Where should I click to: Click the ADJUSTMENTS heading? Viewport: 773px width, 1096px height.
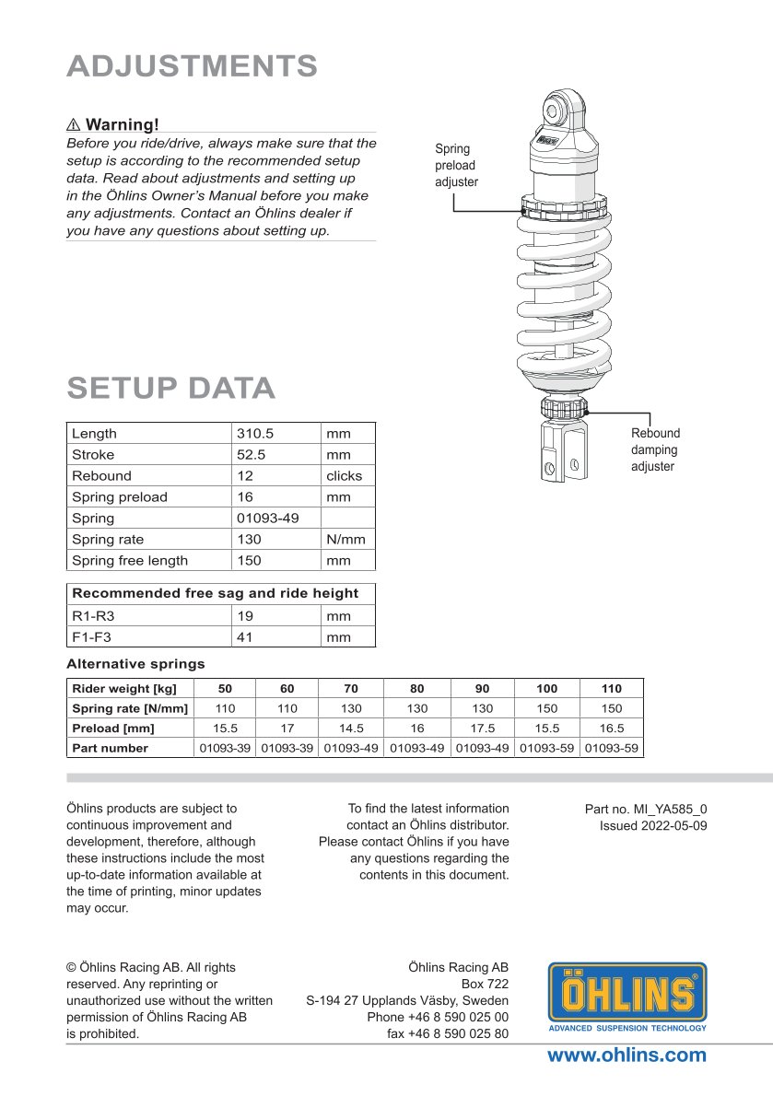192,66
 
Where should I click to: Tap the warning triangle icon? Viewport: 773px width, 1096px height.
74,124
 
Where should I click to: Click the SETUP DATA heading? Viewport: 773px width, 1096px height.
170,389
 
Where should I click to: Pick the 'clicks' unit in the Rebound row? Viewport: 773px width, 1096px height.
344,475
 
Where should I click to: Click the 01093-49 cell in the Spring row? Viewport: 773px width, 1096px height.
267,518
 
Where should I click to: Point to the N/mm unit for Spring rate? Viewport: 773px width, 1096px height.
346,539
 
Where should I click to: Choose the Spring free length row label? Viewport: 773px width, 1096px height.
129,560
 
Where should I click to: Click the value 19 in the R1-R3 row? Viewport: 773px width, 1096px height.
245,615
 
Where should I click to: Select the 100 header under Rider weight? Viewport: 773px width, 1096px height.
546,688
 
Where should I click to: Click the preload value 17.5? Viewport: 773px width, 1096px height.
483,728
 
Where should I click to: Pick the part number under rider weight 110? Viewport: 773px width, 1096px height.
612,748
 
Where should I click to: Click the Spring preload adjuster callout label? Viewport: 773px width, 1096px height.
456,166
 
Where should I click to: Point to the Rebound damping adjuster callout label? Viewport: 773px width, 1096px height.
655,449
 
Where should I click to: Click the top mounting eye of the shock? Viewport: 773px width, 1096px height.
556,111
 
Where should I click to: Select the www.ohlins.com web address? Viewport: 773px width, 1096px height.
627,1055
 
